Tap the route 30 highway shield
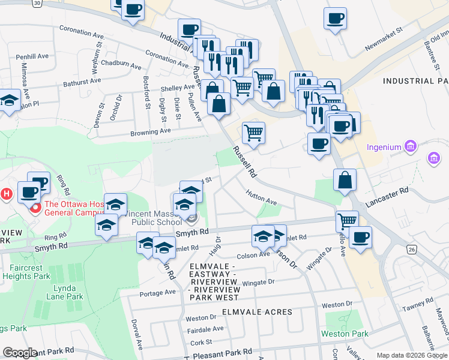click(x=37, y=3)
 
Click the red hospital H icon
click(x=6, y=194)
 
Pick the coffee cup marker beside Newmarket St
click(x=335, y=18)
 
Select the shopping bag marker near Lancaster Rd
click(x=345, y=180)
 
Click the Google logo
click(x=19, y=352)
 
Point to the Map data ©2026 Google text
click(x=412, y=355)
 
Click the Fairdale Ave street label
click(x=205, y=329)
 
